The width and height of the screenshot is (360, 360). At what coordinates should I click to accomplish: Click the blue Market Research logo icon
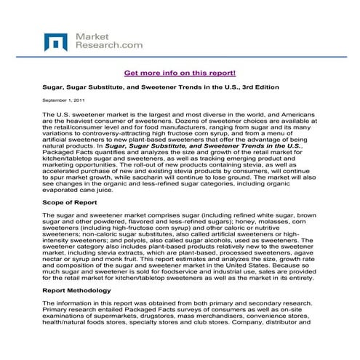click(56, 41)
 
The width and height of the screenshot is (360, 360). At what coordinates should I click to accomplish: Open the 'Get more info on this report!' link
click(180, 73)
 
